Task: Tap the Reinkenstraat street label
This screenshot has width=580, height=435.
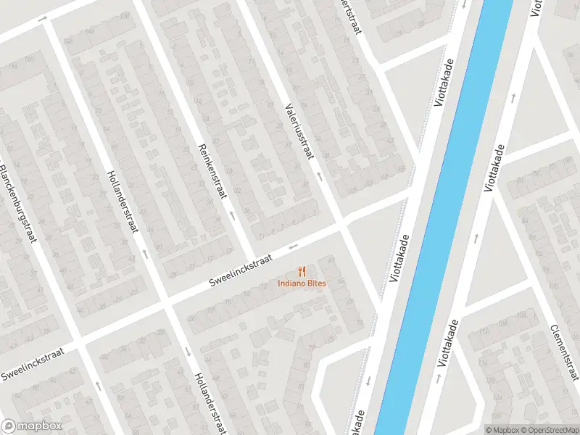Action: (212, 171)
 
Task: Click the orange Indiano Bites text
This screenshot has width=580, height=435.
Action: (302, 283)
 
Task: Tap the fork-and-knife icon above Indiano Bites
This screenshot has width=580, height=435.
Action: (302, 271)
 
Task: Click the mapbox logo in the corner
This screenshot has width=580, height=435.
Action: (31, 426)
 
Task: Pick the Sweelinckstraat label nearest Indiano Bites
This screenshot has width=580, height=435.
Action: (240, 269)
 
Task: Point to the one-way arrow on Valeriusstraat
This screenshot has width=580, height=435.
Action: (318, 176)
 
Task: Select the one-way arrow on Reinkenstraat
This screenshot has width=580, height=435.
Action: (232, 215)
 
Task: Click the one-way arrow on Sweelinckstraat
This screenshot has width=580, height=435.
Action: (293, 246)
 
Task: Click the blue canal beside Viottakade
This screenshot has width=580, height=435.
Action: (435, 217)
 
